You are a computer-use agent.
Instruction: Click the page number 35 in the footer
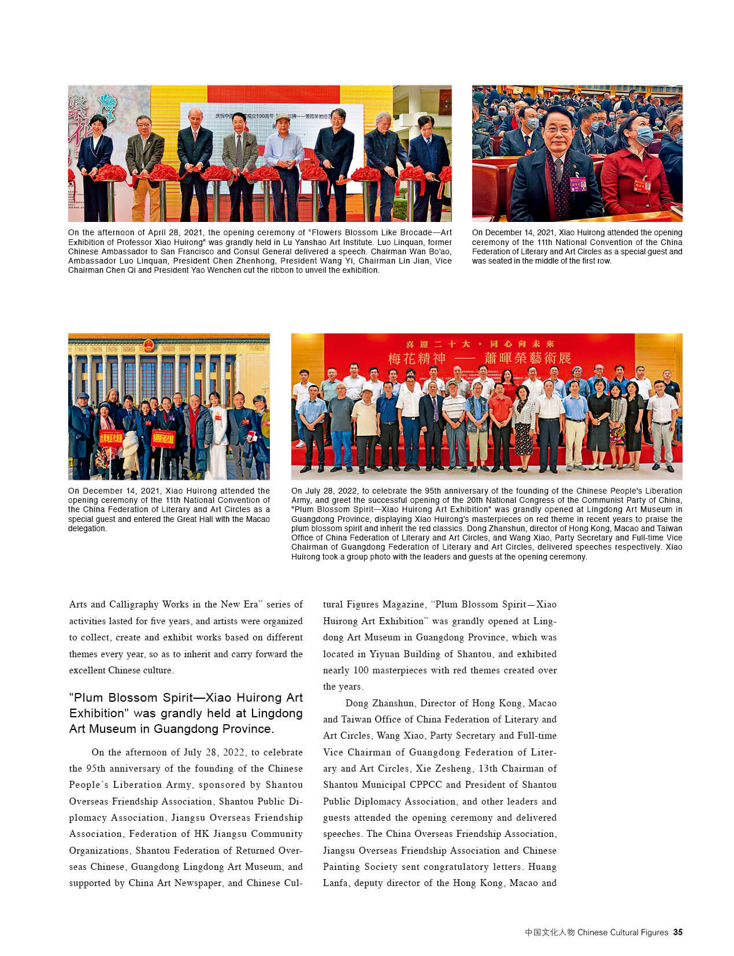[x=678, y=932]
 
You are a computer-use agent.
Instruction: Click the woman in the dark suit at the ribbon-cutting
[x=95, y=156]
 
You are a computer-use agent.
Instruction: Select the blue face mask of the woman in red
[x=643, y=136]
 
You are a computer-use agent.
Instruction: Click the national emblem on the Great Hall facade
[x=149, y=346]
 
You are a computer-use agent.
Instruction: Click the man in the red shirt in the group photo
[x=501, y=425]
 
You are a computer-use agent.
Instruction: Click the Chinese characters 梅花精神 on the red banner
[x=417, y=358]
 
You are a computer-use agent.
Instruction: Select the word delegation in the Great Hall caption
[x=87, y=528]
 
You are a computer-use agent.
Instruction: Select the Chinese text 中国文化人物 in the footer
[x=549, y=932]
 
